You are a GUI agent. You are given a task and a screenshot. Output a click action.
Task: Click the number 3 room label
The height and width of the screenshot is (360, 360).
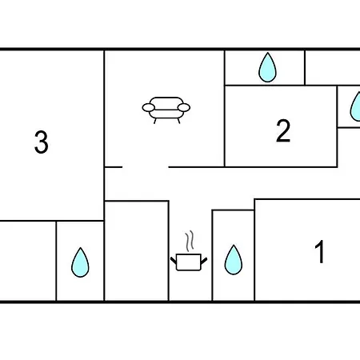42,142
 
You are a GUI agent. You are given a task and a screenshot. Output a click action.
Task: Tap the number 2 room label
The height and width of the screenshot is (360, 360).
283,130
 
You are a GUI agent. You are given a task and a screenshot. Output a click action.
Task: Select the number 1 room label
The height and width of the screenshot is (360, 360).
319,251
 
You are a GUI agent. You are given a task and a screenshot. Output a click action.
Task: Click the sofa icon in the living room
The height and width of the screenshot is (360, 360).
166,110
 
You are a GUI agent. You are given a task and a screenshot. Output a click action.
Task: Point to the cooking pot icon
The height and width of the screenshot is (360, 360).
189,262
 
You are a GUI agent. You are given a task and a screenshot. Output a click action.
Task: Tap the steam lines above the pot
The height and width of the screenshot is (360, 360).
190,241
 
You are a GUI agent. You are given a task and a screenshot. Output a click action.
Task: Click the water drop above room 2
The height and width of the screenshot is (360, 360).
267,67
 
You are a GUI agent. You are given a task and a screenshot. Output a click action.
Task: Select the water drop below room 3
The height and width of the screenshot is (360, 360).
80,262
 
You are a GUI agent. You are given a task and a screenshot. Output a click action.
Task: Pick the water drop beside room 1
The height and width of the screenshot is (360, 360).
234,260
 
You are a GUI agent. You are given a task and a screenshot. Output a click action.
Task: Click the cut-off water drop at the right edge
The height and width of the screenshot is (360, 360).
356,106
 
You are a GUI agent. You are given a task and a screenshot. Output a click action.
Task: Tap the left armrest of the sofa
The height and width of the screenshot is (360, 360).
149,108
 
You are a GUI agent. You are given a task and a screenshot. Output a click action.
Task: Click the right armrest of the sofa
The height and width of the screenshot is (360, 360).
184,108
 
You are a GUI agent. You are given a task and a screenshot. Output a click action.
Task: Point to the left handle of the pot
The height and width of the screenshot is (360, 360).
174,260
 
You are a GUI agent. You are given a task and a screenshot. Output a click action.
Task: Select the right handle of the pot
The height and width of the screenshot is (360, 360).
204,261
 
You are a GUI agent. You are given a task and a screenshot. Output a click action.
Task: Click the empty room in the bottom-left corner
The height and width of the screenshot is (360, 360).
28,261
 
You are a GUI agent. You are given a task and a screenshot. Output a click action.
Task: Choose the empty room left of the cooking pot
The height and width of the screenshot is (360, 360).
137,251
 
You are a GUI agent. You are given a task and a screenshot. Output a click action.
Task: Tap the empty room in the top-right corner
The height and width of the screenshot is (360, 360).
333,68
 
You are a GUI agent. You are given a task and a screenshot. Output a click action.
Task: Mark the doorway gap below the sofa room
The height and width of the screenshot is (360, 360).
146,167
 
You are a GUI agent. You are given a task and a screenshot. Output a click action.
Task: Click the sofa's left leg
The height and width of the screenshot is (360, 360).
155,121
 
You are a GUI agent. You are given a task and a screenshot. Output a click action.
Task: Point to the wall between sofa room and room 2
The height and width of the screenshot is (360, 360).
225,109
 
